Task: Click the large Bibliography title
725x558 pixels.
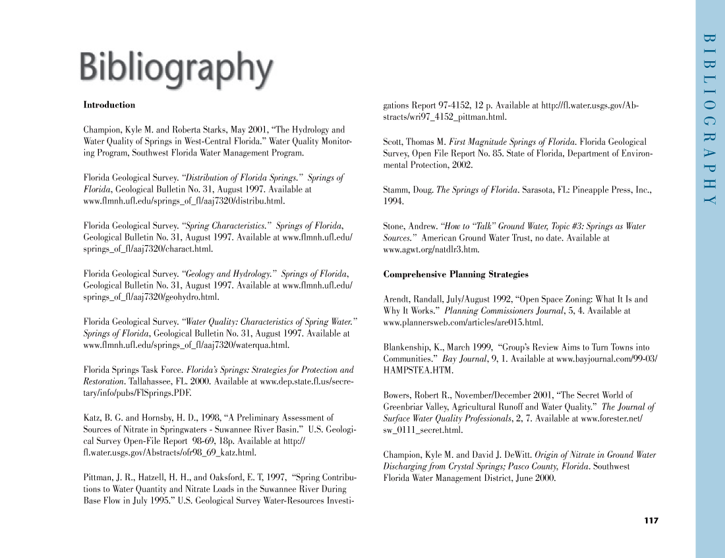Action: (176, 69)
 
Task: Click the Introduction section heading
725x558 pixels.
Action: (109, 105)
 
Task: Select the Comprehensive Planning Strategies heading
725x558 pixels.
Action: (455, 274)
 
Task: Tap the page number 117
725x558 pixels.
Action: (651, 521)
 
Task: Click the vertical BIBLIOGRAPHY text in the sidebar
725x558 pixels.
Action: (709, 119)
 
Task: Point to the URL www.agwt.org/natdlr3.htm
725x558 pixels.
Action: (431, 250)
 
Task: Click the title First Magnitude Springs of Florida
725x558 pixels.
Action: (512, 142)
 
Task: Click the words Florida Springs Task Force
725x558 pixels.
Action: (133, 370)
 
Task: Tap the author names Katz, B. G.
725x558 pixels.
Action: (103, 418)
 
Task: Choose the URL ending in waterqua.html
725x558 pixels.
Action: (187, 345)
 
